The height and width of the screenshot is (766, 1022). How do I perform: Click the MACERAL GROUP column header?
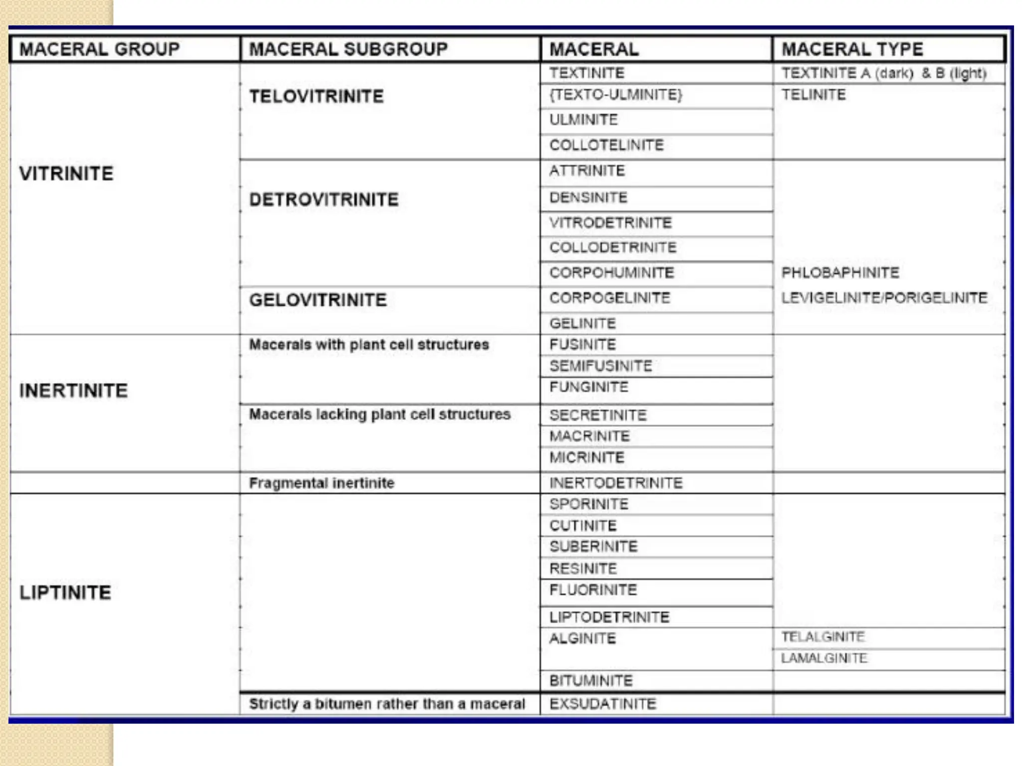pyautogui.click(x=99, y=49)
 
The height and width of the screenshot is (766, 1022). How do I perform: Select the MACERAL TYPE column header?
pyautogui.click(x=852, y=49)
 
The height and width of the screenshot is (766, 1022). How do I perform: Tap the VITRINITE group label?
pyautogui.click(x=66, y=174)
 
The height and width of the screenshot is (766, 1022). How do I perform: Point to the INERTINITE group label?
pyautogui.click(x=73, y=390)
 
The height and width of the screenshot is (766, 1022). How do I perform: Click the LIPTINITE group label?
pyautogui.click(x=65, y=592)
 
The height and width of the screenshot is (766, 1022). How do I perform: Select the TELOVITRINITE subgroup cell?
pyautogui.click(x=316, y=96)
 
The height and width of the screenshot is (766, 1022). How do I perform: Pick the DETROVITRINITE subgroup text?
pyautogui.click(x=324, y=199)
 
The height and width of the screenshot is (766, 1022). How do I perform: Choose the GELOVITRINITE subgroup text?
pyautogui.click(x=318, y=300)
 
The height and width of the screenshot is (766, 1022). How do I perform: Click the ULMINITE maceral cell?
pyautogui.click(x=583, y=120)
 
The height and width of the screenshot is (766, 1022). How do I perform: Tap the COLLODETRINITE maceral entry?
pyautogui.click(x=613, y=247)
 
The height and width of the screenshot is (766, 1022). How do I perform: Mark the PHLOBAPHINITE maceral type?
pyautogui.click(x=840, y=273)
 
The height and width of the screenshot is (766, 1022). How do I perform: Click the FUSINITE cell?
pyautogui.click(x=582, y=345)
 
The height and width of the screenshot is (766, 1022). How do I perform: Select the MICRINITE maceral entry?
pyautogui.click(x=587, y=457)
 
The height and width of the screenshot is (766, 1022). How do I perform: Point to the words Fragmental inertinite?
pyautogui.click(x=321, y=483)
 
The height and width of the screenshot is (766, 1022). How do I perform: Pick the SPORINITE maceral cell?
pyautogui.click(x=589, y=504)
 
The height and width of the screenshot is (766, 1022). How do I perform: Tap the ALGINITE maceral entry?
pyautogui.click(x=582, y=638)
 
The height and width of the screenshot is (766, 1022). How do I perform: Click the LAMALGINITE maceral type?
pyautogui.click(x=824, y=658)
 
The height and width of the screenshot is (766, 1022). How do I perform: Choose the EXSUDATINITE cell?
pyautogui.click(x=603, y=704)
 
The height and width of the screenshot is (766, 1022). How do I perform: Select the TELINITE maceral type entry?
pyautogui.click(x=813, y=95)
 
